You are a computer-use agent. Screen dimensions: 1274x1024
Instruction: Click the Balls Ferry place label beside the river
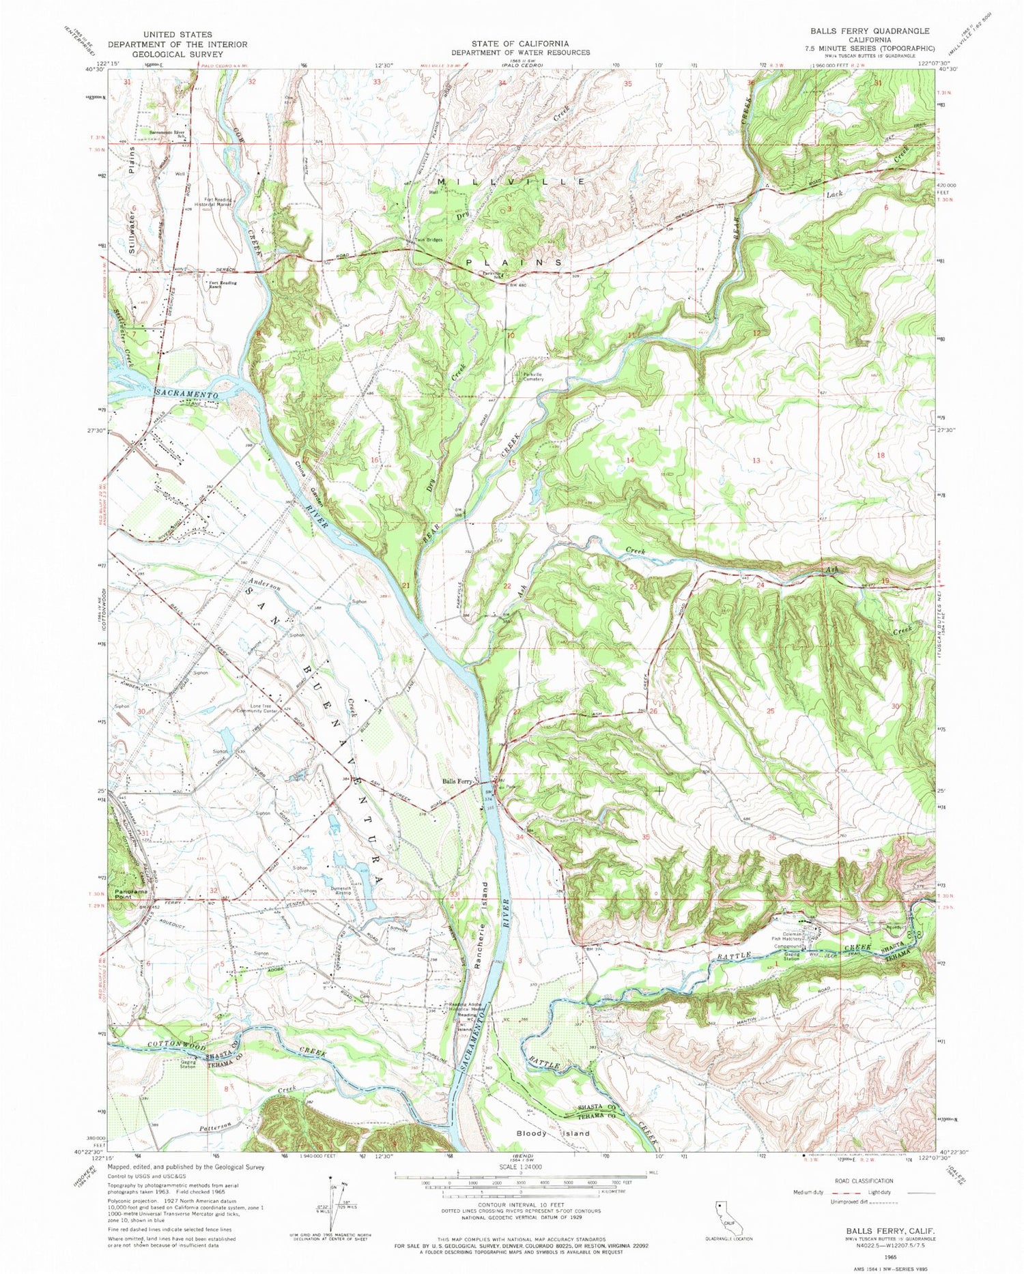[x=458, y=781]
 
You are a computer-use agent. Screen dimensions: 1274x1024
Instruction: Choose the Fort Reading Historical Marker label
[x=214, y=202]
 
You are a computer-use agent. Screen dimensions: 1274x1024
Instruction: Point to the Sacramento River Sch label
[x=168, y=134]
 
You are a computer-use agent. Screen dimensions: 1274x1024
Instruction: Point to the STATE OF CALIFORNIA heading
[x=520, y=44]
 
